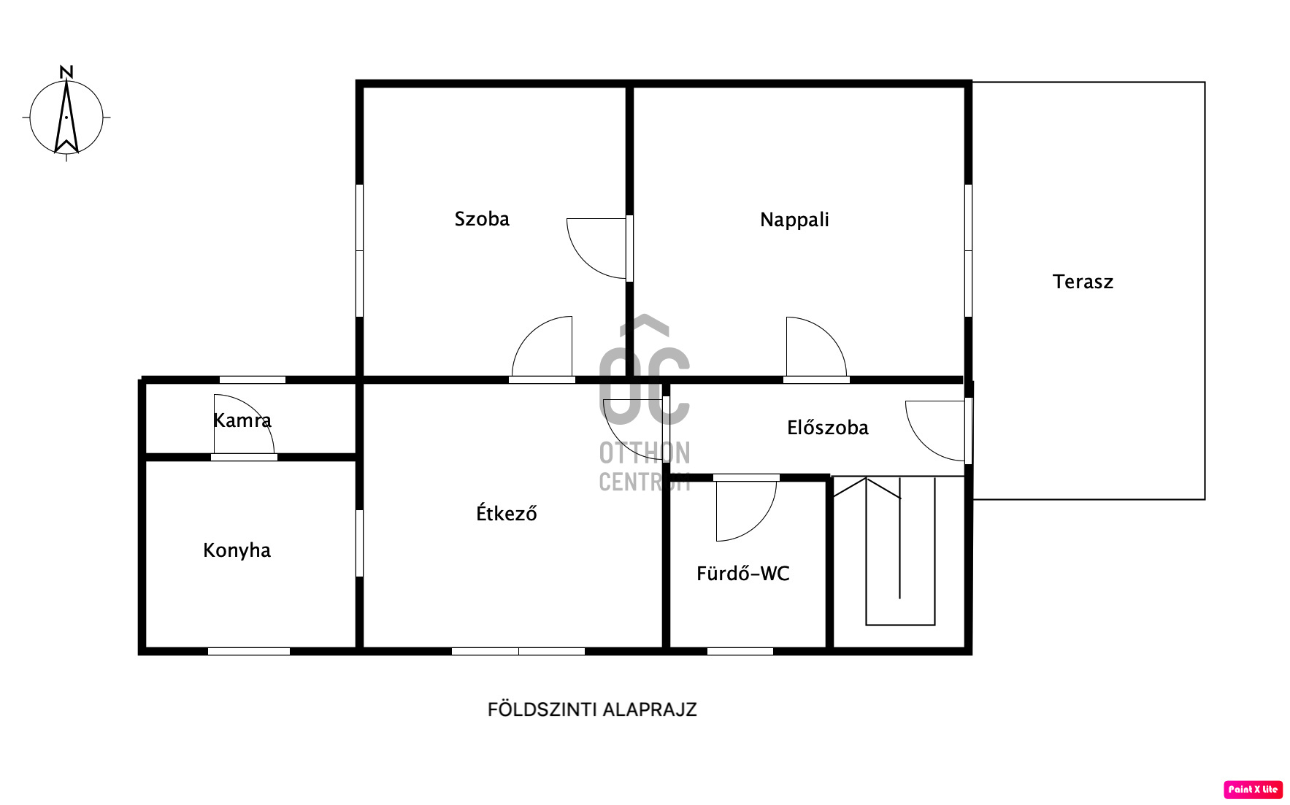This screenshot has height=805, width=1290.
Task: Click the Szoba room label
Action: [482, 219]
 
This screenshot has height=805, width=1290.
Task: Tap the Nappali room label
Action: [794, 220]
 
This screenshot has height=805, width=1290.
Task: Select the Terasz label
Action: [1083, 282]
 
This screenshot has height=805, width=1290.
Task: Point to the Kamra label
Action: [242, 420]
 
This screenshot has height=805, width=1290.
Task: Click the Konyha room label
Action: [237, 550]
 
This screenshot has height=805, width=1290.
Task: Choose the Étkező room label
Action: [507, 512]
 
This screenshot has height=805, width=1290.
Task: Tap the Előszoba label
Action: [828, 428]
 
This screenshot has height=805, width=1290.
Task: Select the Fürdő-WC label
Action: [743, 574]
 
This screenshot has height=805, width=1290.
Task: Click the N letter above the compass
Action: [66, 72]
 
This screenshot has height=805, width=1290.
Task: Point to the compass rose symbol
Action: [66, 117]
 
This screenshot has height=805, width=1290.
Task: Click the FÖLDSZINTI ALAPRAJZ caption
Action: [592, 709]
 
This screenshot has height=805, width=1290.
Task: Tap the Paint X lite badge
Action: [1253, 789]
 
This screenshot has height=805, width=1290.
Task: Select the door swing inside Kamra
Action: [244, 425]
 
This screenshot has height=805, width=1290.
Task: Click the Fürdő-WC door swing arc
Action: [746, 511]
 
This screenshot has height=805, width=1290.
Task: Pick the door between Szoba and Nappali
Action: [598, 248]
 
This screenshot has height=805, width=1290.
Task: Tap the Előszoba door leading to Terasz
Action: [936, 431]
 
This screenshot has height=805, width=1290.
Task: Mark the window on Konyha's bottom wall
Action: [248, 651]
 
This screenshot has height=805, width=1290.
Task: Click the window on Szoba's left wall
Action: [359, 250]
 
